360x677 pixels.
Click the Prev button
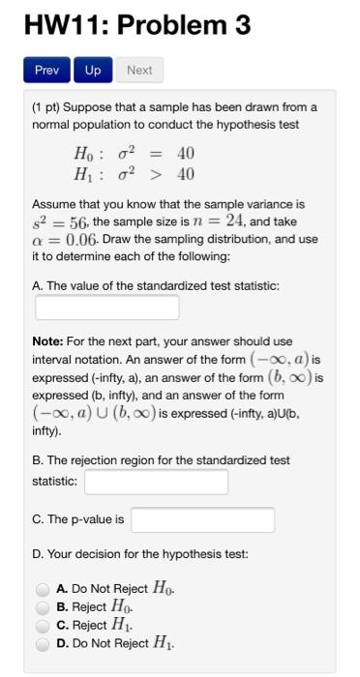(x=46, y=71)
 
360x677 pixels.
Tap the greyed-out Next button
(x=139, y=71)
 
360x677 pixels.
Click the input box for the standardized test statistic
(x=107, y=309)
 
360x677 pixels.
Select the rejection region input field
(x=157, y=482)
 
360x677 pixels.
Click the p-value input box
(x=202, y=519)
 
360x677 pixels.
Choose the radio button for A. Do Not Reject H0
(x=43, y=588)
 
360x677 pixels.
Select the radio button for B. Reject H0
(x=43, y=606)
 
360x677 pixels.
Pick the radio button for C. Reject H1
(x=43, y=625)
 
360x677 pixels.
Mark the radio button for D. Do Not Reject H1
(x=43, y=643)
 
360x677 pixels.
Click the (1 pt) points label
(x=48, y=106)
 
